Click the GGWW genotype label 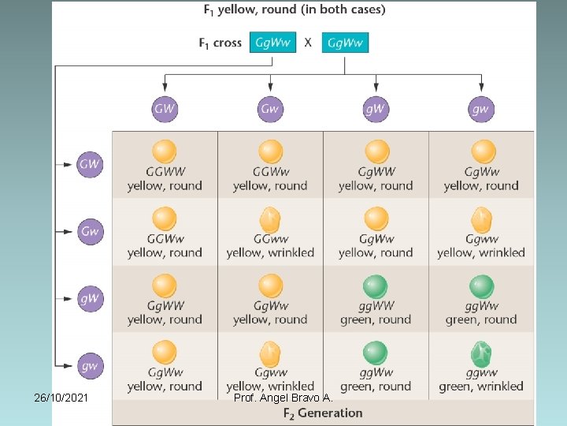[x=165, y=171]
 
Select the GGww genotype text [x=270, y=239]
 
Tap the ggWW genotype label [x=376, y=305]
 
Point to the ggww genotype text [x=481, y=372]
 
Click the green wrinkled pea [x=481, y=353]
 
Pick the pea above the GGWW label [x=165, y=151]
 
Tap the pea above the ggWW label [x=376, y=286]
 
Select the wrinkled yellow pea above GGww [x=270, y=219]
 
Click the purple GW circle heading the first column [x=165, y=109]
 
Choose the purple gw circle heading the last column [x=481, y=109]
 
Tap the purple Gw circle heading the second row [x=90, y=231]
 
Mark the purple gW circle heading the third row [x=90, y=298]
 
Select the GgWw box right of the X [x=346, y=43]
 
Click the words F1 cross [x=220, y=43]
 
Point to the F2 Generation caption [x=323, y=413]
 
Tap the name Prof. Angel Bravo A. [x=283, y=397]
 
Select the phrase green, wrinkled [x=481, y=387]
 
